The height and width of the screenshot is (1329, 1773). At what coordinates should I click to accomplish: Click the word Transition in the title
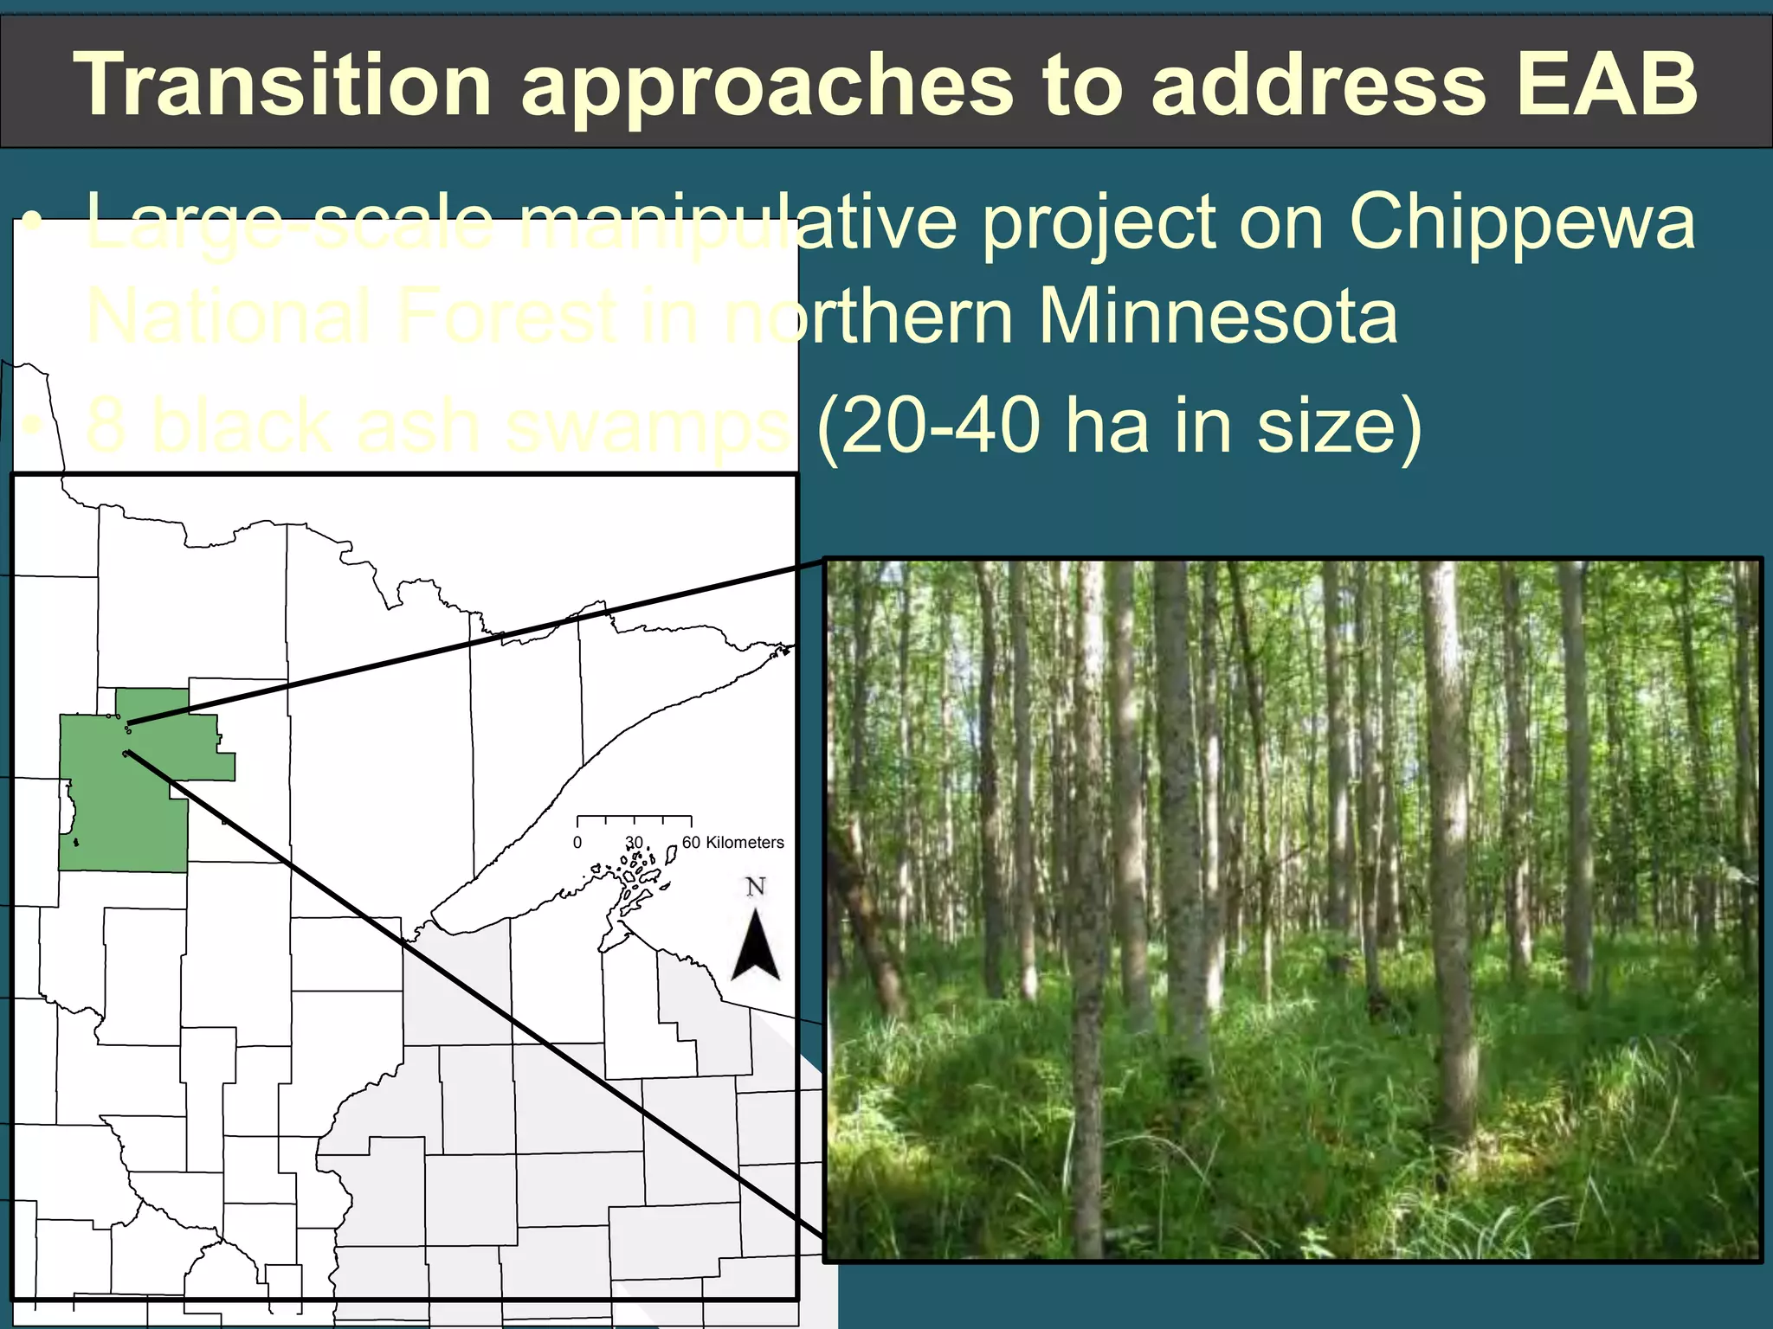click(x=282, y=84)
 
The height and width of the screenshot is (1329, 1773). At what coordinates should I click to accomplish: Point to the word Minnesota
click(x=1217, y=317)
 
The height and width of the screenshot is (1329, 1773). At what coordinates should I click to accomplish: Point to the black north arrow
click(x=756, y=947)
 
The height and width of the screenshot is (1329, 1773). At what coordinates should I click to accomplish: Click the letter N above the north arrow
click(x=756, y=887)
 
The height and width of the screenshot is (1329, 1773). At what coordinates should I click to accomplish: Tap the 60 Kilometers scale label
click(x=732, y=843)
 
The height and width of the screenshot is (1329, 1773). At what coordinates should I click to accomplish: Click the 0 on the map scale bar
click(x=577, y=843)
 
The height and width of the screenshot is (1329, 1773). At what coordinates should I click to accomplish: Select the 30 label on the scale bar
click(x=635, y=843)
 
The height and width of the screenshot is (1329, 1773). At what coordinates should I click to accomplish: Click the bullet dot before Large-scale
click(x=33, y=223)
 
